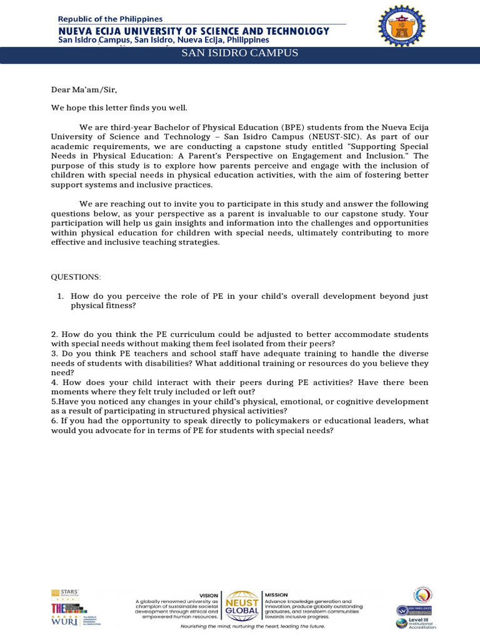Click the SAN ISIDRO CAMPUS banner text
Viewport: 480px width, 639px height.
239,54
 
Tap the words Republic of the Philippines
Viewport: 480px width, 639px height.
110,19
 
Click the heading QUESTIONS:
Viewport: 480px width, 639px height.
75,277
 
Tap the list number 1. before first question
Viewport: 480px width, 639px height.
61,296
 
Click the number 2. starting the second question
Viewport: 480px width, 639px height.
55,335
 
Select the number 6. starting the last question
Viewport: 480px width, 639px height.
55,421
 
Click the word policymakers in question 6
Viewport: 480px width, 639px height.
262,421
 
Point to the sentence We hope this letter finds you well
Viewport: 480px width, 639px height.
119,108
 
